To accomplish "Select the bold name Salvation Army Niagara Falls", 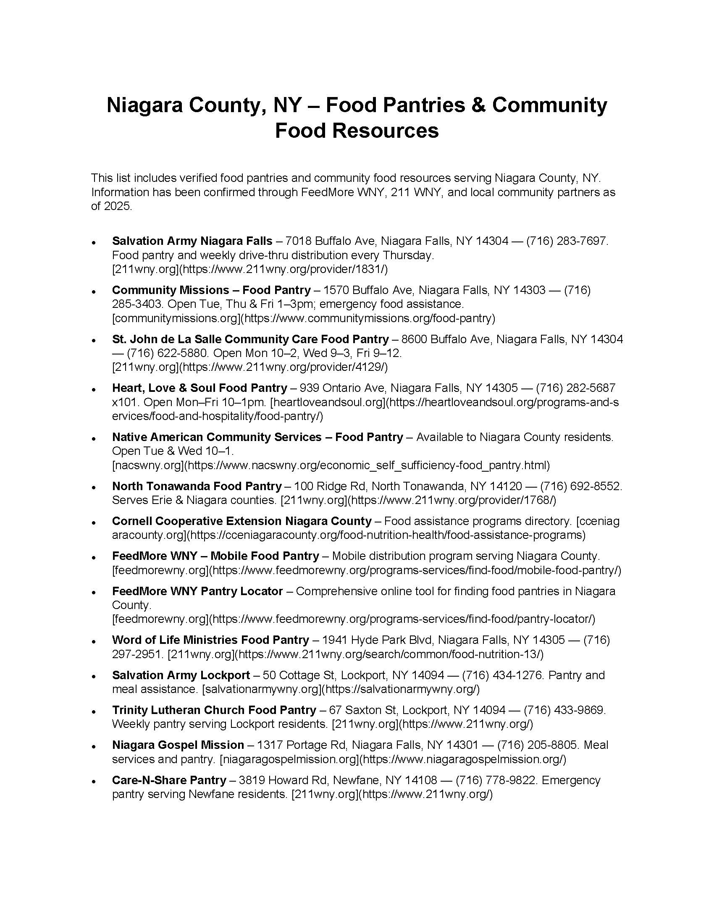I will click(192, 241).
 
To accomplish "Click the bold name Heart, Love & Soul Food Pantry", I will click(199, 388).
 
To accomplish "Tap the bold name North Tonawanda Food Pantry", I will click(197, 486).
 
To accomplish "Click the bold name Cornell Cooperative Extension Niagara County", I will click(241, 521).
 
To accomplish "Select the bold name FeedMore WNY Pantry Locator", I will click(197, 591).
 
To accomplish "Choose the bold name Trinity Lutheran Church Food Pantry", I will click(214, 710).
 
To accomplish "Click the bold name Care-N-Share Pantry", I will click(169, 780).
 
